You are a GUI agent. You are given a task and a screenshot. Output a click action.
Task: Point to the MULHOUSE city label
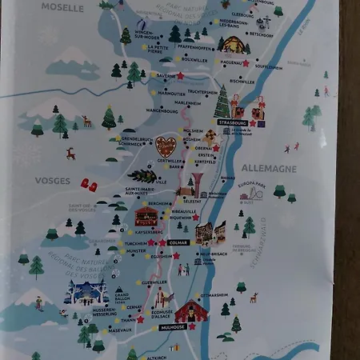[x=173, y=326]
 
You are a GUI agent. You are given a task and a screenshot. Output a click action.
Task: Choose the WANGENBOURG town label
[x=162, y=110]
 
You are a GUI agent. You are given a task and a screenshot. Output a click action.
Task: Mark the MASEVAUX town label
[x=121, y=330]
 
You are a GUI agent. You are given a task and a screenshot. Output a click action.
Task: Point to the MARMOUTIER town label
[x=170, y=93]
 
